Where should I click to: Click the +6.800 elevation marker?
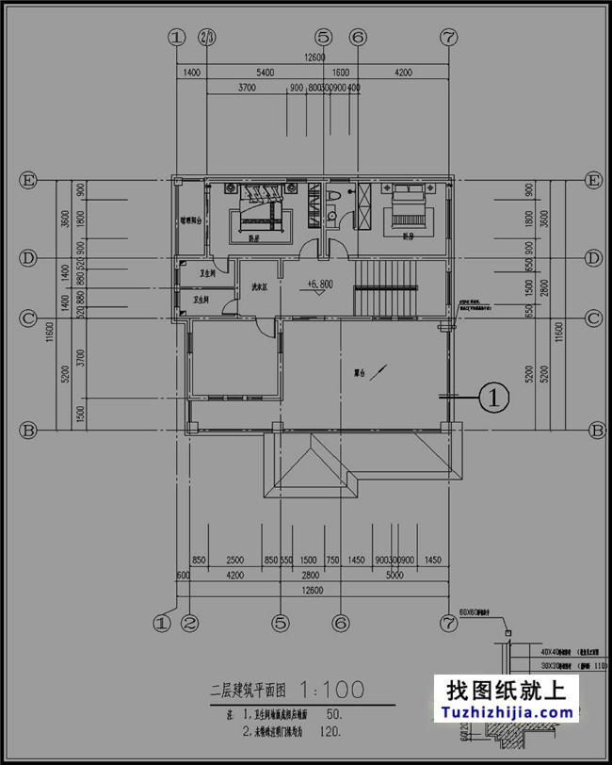(x=319, y=283)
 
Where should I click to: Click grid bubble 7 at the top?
(x=448, y=37)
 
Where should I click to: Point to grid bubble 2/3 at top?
(x=207, y=37)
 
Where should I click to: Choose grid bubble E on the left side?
(x=29, y=180)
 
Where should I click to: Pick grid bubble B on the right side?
(x=595, y=431)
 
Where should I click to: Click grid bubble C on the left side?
(x=29, y=318)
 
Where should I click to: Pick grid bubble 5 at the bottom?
(x=280, y=623)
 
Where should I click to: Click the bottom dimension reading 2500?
(x=234, y=561)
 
